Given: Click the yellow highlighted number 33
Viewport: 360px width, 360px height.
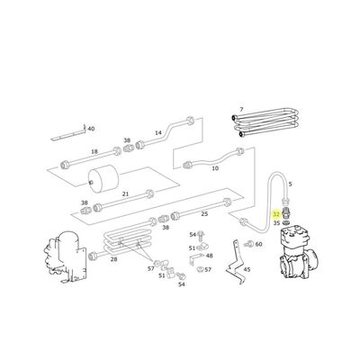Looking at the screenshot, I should tap(276, 213).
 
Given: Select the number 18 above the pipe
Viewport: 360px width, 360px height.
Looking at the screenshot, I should tap(94, 153).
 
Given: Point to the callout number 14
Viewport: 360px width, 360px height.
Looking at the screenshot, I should tap(158, 133).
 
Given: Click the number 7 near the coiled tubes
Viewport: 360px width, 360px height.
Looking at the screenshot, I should tap(240, 110).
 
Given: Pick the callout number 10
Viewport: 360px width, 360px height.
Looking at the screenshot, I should tap(214, 168).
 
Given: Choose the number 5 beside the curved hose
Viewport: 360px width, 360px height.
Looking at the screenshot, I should tap(290, 183).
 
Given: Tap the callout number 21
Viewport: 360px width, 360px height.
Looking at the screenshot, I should tap(126, 193).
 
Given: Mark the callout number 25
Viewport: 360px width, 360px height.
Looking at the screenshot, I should tap(204, 213).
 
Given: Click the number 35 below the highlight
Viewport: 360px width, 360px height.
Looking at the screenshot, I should tap(276, 222).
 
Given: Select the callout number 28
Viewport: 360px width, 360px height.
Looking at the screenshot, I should tap(113, 259).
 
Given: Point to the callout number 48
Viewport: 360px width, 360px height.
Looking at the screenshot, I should tap(209, 256).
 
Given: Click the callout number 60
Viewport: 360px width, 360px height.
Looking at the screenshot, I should tap(258, 244).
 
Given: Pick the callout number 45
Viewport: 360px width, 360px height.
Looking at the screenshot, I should tap(247, 269).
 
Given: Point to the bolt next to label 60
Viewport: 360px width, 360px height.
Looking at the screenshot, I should tap(247, 242).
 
